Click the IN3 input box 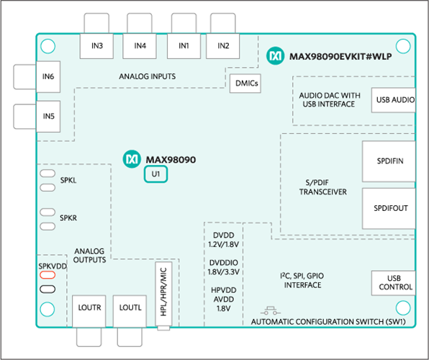[97, 46]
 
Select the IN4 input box [140, 46]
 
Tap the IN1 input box [184, 46]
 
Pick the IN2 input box [222, 46]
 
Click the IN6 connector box [48, 76]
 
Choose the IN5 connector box [48, 115]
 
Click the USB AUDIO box [393, 99]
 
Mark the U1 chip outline [155, 174]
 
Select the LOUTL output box [130, 307]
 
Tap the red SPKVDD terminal [48, 275]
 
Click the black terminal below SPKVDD [48, 289]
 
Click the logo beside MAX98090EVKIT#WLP [274, 55]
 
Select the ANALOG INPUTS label [148, 76]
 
